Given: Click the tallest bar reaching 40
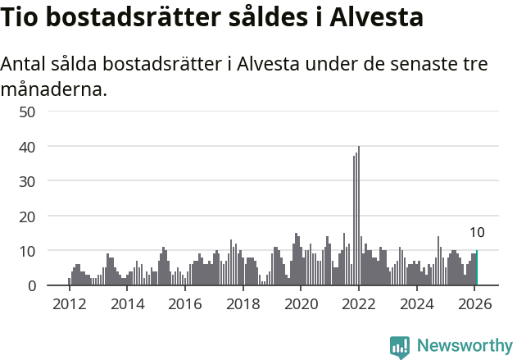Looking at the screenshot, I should click(x=359, y=216).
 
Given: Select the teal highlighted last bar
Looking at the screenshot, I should click(x=477, y=268).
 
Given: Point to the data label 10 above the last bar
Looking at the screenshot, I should click(x=477, y=233).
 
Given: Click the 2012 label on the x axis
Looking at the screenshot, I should click(x=69, y=304).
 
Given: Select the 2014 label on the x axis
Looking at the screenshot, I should click(x=127, y=304).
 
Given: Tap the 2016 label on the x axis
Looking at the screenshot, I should click(x=185, y=304).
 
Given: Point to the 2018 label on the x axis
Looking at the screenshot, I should click(x=243, y=304).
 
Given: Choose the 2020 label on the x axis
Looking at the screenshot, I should click(x=301, y=304).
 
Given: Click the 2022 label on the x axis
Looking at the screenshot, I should click(x=359, y=304).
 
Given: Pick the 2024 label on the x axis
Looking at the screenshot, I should click(x=416, y=304).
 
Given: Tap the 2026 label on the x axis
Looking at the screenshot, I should click(x=474, y=304).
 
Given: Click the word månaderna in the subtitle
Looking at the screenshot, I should click(x=53, y=89).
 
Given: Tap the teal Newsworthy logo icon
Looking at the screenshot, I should click(x=400, y=347).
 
